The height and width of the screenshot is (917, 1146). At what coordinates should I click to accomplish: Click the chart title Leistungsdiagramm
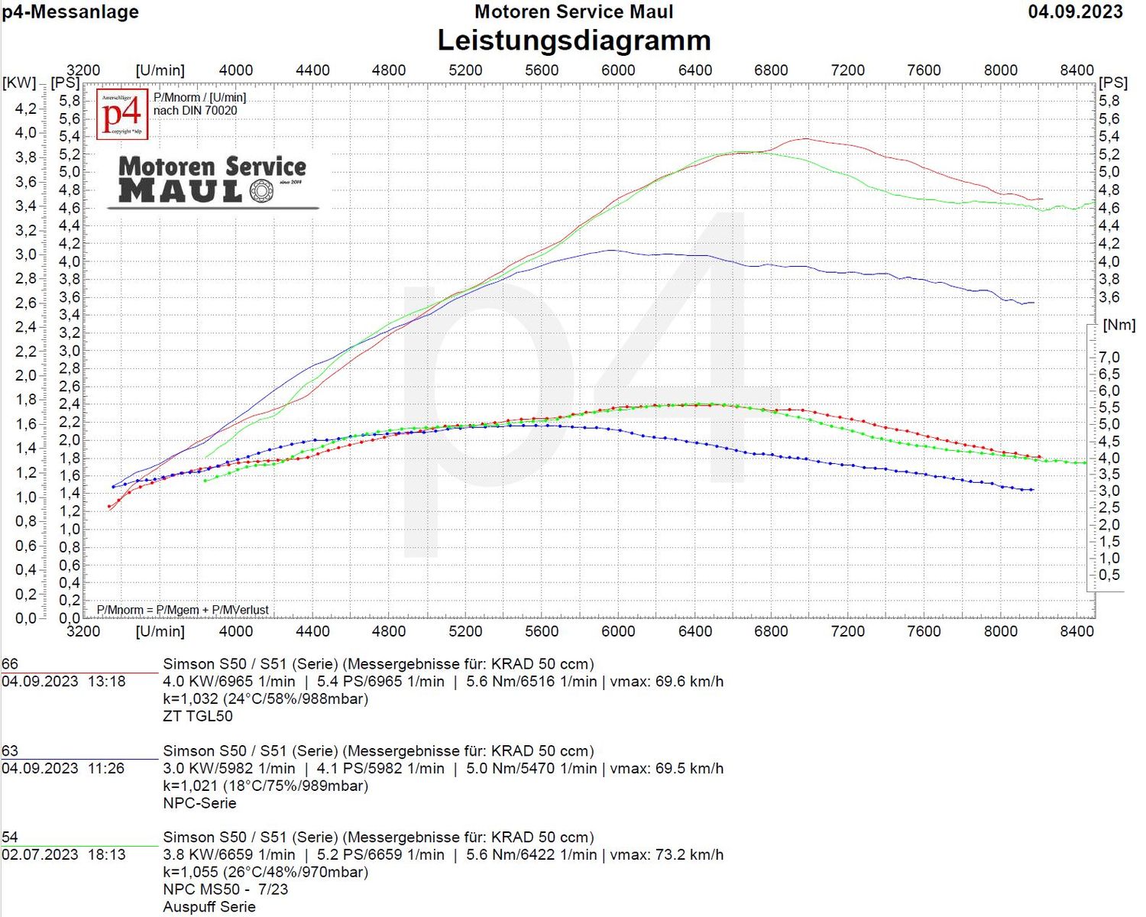(574, 40)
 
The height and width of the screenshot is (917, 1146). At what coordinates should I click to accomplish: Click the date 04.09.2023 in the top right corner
(1075, 11)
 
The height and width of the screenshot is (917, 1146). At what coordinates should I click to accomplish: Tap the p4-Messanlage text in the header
(70, 11)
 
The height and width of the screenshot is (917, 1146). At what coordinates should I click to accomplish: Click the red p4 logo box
(122, 115)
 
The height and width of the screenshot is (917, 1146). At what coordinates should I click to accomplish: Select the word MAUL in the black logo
(180, 191)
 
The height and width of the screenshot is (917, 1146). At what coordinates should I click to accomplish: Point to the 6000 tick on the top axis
(618, 70)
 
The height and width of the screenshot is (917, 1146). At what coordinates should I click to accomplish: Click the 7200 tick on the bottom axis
(847, 631)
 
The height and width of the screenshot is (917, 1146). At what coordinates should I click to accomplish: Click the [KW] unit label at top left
(19, 83)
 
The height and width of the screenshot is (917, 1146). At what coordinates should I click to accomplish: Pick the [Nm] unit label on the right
(1119, 325)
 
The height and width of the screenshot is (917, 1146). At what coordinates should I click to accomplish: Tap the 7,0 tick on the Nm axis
(1109, 358)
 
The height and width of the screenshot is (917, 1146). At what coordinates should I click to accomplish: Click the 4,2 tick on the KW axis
(25, 109)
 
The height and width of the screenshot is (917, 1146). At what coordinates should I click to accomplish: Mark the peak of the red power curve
(806, 138)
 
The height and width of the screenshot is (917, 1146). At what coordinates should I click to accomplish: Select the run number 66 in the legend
(10, 664)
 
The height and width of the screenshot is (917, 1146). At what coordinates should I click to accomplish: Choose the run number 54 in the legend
(10, 838)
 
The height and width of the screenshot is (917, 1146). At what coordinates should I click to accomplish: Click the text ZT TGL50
(198, 716)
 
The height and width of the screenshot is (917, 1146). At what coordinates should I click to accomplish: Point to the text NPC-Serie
(199, 803)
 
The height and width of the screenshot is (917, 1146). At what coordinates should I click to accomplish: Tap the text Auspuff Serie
(209, 907)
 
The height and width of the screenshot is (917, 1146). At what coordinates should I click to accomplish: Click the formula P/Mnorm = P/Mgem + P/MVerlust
(183, 610)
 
